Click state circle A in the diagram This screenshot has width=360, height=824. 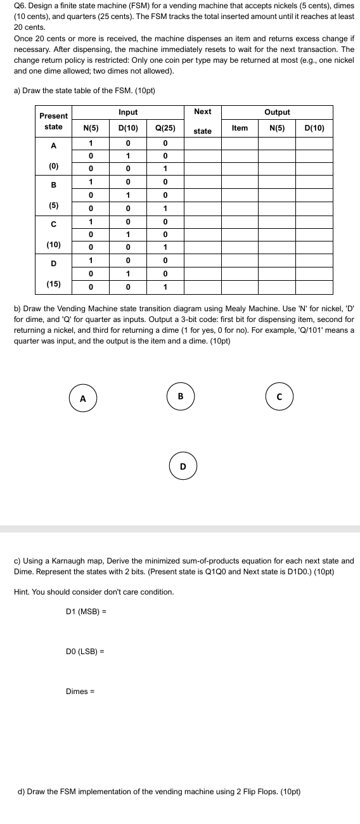click(x=82, y=399)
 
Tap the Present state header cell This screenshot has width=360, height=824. click(x=53, y=121)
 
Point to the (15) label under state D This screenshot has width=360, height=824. click(x=53, y=284)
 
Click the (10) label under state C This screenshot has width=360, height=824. click(x=53, y=245)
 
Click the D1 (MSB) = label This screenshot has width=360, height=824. click(x=86, y=612)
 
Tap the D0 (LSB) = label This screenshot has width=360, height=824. click(x=85, y=651)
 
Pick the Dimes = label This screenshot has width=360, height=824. click(x=80, y=691)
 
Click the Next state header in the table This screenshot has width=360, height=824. click(x=203, y=121)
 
